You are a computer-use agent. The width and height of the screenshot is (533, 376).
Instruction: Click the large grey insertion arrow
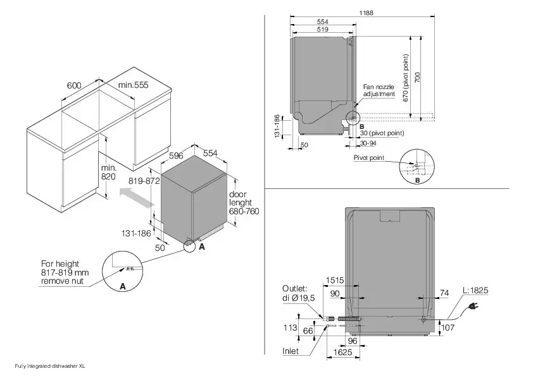136,200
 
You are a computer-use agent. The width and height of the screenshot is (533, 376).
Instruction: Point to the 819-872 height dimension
143,180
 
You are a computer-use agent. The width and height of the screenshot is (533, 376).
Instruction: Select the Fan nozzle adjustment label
379,90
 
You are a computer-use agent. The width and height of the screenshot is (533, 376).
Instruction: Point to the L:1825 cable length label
475,291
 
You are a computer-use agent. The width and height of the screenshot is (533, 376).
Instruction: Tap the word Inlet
291,350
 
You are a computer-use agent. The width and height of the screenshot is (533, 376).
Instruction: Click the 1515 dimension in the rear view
335,281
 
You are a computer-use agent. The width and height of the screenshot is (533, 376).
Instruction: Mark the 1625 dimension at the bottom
342,351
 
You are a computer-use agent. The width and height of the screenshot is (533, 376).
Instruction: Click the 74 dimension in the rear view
444,293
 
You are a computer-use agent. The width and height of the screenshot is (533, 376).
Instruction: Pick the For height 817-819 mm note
65,272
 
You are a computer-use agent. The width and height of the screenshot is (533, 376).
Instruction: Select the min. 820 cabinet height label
109,173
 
